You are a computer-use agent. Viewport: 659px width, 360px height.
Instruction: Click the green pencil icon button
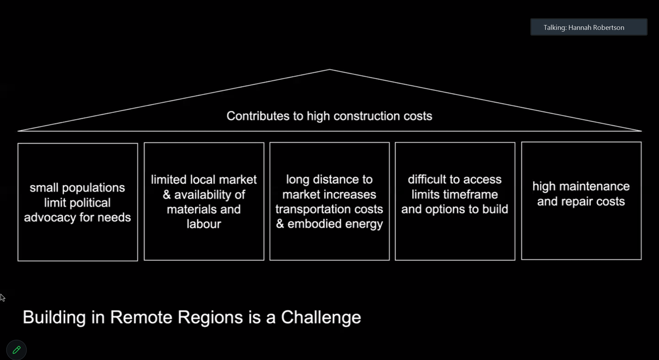click(x=16, y=350)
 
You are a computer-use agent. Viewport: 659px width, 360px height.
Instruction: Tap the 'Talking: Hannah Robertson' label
click(x=583, y=27)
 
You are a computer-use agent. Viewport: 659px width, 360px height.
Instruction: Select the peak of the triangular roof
click(x=329, y=70)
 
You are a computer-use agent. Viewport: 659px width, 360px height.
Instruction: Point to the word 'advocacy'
click(x=50, y=217)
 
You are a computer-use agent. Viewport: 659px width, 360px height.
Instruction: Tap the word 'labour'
click(x=204, y=224)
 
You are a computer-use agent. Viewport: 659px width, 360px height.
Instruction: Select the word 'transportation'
click(x=309, y=209)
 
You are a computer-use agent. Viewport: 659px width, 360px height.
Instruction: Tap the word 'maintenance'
click(x=599, y=186)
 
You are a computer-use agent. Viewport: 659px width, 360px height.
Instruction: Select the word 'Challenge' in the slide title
click(x=321, y=317)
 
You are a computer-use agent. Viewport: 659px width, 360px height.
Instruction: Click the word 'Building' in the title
click(x=54, y=317)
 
